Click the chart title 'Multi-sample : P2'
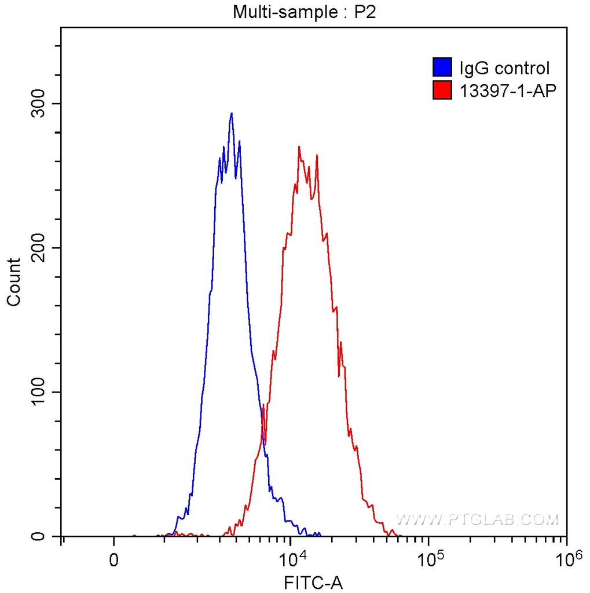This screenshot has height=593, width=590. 305,12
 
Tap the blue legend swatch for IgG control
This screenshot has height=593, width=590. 442,68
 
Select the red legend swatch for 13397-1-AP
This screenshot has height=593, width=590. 442,90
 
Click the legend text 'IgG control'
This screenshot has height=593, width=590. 504,68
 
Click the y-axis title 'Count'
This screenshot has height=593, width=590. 14,282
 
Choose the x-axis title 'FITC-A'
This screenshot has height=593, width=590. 313,582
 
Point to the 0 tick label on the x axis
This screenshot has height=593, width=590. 114,559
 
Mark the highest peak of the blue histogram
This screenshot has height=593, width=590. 232,114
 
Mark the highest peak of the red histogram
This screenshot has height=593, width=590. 299,147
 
